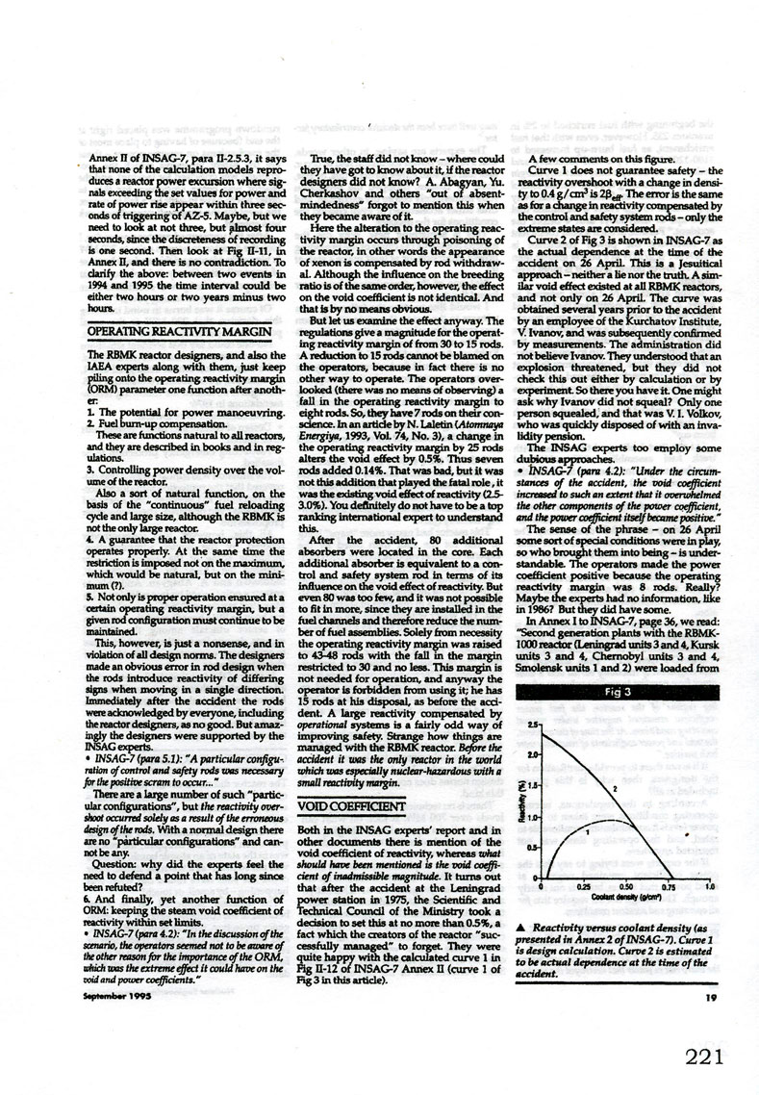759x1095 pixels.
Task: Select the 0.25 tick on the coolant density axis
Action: (x=583, y=885)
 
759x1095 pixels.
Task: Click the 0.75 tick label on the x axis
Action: (x=668, y=885)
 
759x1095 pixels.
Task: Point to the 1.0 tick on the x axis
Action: (x=710, y=885)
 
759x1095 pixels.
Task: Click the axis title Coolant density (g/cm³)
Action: (x=625, y=896)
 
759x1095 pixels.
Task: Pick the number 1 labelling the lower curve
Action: (x=587, y=829)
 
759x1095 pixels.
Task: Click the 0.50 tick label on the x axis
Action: (x=625, y=885)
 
